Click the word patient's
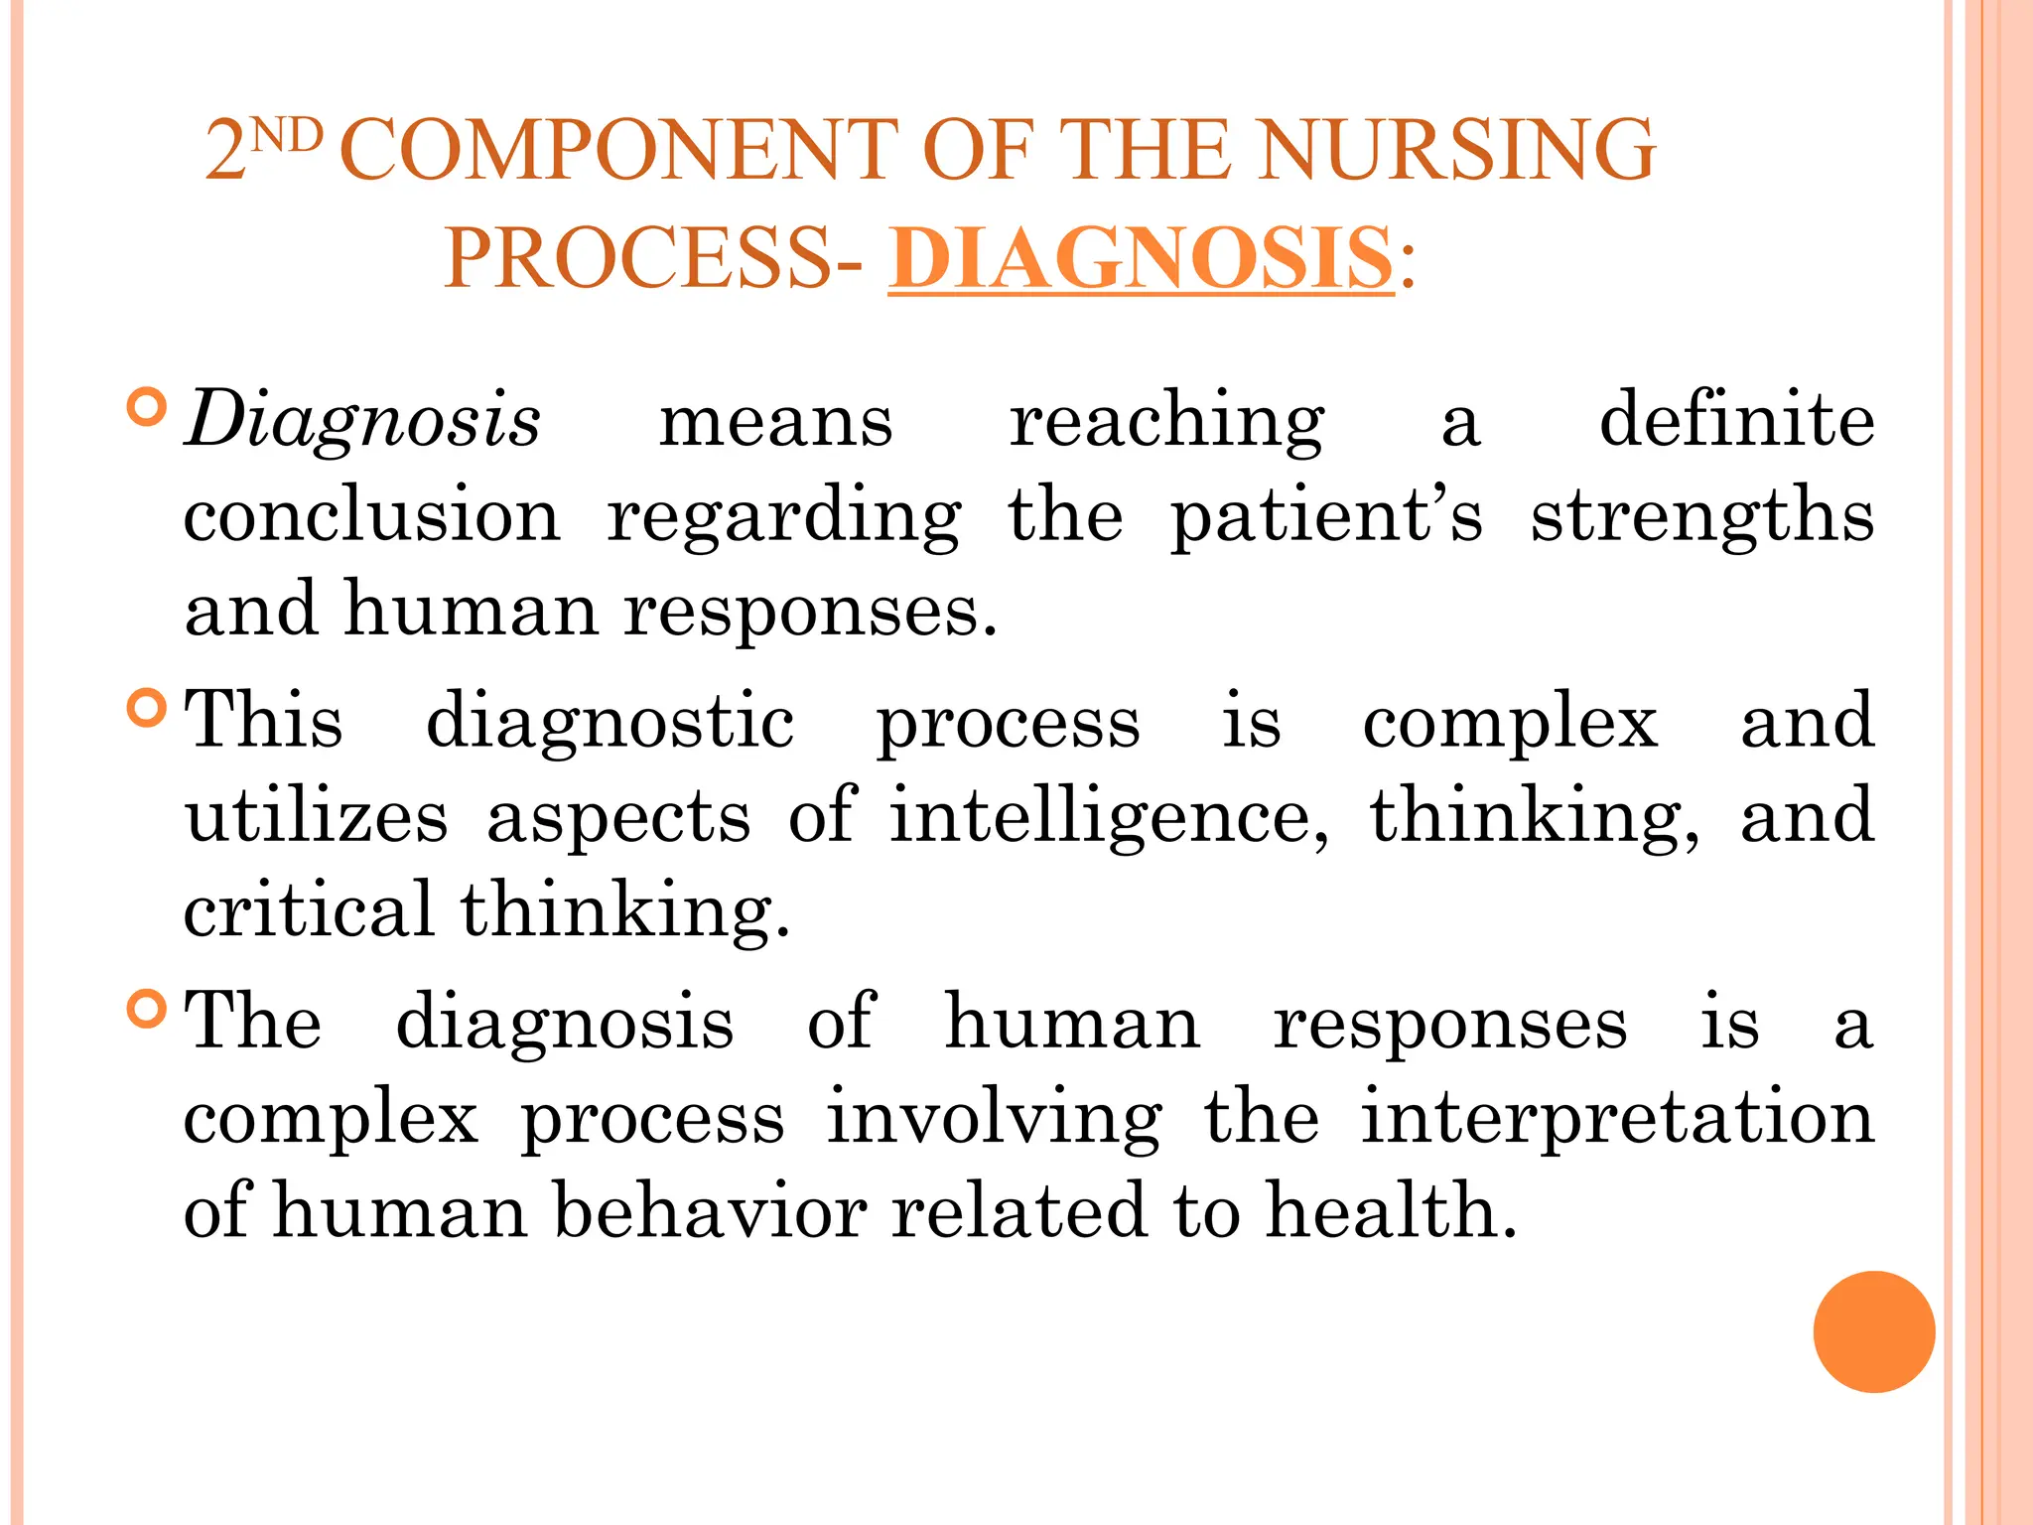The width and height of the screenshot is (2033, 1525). coord(1326,516)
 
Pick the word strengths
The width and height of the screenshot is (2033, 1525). coord(1701,516)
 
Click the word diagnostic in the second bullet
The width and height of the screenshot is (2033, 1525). coord(610,722)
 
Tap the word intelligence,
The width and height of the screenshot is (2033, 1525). coord(1108,816)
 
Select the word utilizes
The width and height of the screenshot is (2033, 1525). coord(317,816)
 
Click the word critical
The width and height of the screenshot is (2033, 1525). coord(309,909)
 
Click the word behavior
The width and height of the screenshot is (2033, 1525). coord(710,1211)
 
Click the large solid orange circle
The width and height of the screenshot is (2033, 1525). coord(1873,1331)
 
